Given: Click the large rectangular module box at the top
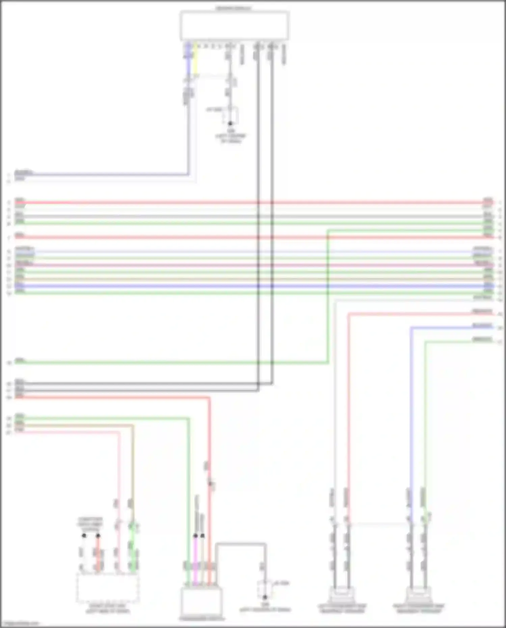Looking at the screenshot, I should [x=234, y=26].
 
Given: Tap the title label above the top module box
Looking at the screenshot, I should [x=234, y=8].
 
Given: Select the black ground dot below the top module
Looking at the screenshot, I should [x=231, y=124].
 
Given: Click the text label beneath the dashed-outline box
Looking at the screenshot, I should [x=108, y=608].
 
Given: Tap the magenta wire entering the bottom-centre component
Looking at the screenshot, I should [x=195, y=560].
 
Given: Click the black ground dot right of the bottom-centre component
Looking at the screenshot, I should [x=265, y=597].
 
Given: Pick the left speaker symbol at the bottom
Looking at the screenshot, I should [x=342, y=595].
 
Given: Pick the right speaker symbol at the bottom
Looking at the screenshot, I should [x=418, y=595].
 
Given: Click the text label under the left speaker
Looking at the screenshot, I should [x=342, y=608].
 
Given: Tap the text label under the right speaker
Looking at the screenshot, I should [x=418, y=608].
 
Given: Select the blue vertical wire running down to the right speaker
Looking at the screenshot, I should [x=411, y=405].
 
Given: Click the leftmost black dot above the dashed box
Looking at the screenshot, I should [x=84, y=536].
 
